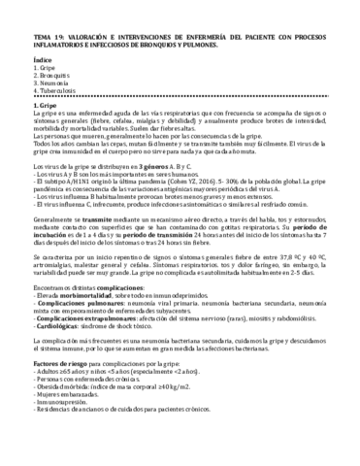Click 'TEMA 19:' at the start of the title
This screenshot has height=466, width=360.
point(21,10)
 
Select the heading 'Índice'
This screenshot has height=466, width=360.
point(16,35)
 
